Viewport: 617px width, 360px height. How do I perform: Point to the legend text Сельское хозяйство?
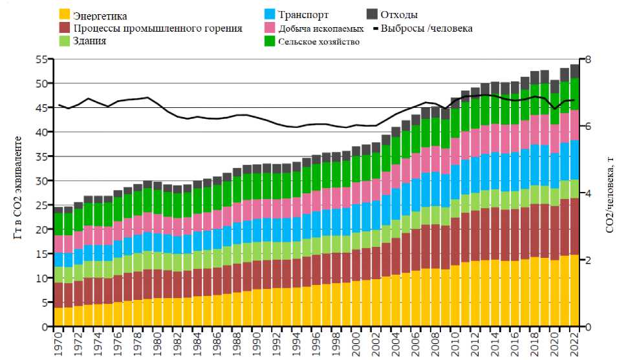(319, 42)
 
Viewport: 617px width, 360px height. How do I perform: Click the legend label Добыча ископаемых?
(321, 29)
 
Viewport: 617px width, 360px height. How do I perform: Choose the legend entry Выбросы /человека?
(426, 28)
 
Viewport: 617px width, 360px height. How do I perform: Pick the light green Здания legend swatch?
(65, 41)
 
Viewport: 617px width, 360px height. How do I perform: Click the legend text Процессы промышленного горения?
(158, 28)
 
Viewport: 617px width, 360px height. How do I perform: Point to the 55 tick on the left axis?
(42, 59)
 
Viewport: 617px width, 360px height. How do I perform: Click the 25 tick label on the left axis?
(42, 206)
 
